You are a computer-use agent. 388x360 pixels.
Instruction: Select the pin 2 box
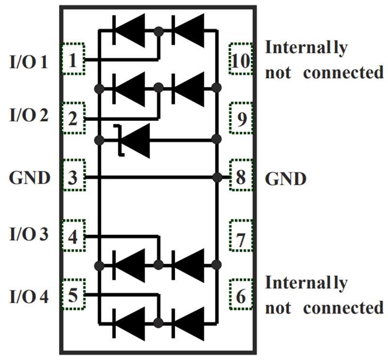pyautogui.click(x=73, y=118)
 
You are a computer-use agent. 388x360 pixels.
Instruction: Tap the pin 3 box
pyautogui.click(x=73, y=177)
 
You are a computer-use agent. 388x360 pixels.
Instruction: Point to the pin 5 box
pyautogui.click(x=73, y=295)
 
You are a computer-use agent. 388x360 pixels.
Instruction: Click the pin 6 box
pyautogui.click(x=241, y=295)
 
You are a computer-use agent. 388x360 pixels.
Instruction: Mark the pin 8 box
pyautogui.click(x=241, y=177)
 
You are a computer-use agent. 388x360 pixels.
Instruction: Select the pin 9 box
pyautogui.click(x=241, y=118)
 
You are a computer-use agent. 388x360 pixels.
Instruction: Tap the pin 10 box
pyautogui.click(x=241, y=60)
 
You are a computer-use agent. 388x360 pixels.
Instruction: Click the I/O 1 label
pyautogui.click(x=29, y=63)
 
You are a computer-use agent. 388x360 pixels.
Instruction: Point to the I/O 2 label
pyautogui.click(x=29, y=116)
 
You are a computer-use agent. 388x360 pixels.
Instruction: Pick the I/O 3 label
pyautogui.click(x=29, y=234)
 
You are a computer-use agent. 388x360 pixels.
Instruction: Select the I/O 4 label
pyautogui.click(x=29, y=296)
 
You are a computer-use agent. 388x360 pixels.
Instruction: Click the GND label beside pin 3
pyautogui.click(x=29, y=178)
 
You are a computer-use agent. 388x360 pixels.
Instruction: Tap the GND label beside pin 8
pyautogui.click(x=286, y=179)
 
